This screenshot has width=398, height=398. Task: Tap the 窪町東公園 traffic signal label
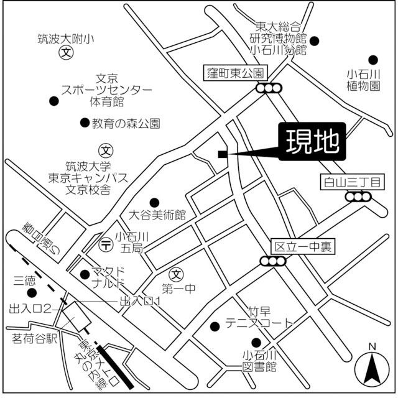(x=236, y=72)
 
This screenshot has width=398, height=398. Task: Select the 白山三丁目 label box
(x=353, y=182)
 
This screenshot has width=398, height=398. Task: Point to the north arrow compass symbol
(x=372, y=368)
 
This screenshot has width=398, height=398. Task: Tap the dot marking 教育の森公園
(x=85, y=123)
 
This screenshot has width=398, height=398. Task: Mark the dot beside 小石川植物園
(x=373, y=60)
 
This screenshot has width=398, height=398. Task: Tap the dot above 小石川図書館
(x=256, y=342)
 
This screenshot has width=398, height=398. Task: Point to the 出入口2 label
(x=29, y=308)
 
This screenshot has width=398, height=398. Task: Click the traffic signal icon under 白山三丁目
(x=358, y=197)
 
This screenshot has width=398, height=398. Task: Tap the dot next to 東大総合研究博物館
(x=315, y=42)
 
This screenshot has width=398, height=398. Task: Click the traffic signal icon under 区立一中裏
(x=275, y=261)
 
